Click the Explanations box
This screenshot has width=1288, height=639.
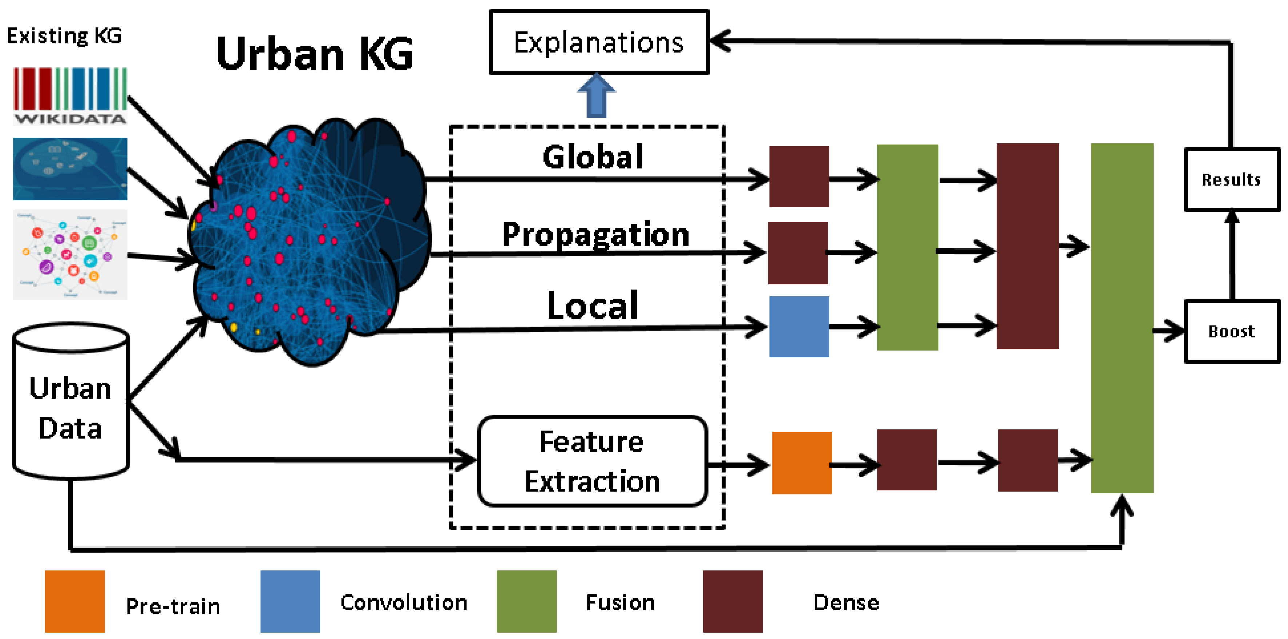[598, 42]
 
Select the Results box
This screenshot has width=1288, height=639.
[1232, 180]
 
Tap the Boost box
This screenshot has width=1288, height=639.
[1232, 331]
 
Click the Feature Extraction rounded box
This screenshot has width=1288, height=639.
[592, 461]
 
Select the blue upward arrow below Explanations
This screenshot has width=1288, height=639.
[596, 96]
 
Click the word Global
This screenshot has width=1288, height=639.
[593, 157]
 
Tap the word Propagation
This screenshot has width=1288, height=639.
[595, 234]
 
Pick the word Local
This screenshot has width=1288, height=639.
[593, 305]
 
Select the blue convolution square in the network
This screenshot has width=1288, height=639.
[799, 326]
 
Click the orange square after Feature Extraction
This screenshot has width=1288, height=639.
[801, 463]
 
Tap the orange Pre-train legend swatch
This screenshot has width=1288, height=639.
[75, 601]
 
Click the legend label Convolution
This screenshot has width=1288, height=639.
[404, 603]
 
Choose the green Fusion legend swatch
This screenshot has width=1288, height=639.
[527, 601]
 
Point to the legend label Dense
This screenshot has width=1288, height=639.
[845, 603]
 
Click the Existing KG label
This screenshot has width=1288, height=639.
[64, 36]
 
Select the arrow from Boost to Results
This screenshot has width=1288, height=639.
[1232, 255]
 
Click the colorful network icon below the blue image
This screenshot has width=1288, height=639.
[70, 255]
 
